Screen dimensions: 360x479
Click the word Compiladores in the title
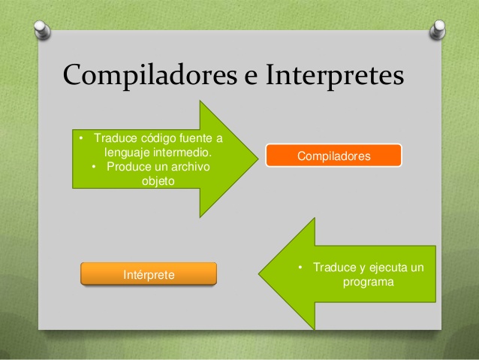[x=147, y=76]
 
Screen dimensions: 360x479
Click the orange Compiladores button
[x=334, y=156]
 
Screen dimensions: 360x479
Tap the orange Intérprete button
[x=149, y=275]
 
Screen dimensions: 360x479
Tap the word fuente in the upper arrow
[x=197, y=138]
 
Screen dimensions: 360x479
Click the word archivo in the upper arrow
[x=187, y=166]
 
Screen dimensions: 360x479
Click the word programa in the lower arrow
[x=369, y=282]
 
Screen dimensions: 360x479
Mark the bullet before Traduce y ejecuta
[x=299, y=268]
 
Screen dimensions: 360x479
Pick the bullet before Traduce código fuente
[x=80, y=138]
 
